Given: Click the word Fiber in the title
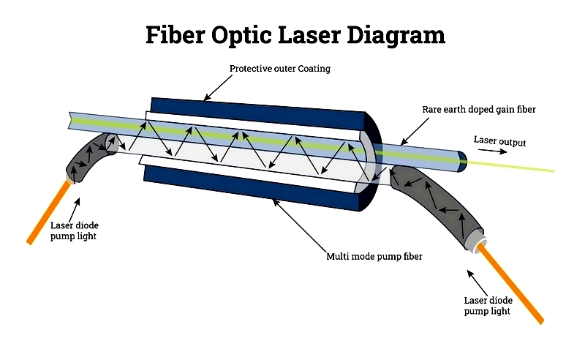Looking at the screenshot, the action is [175, 34].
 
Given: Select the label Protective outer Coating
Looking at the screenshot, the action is [280, 69].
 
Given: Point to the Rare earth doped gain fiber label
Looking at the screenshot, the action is [479, 110].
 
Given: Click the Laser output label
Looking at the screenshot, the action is [499, 141].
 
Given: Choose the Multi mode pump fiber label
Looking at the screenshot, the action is [374, 257].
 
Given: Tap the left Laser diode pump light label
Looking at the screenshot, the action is [74, 230].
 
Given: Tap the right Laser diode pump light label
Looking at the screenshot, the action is [488, 306].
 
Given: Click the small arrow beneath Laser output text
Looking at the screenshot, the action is [492, 151].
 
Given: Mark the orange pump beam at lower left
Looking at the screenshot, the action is [49, 213].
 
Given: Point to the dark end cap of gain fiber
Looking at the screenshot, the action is [462, 161].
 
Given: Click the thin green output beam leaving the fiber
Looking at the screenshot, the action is [511, 167].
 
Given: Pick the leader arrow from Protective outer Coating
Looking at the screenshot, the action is [218, 88].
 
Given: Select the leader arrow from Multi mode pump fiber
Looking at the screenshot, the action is [300, 225].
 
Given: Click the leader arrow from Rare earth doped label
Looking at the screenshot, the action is [415, 132].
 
